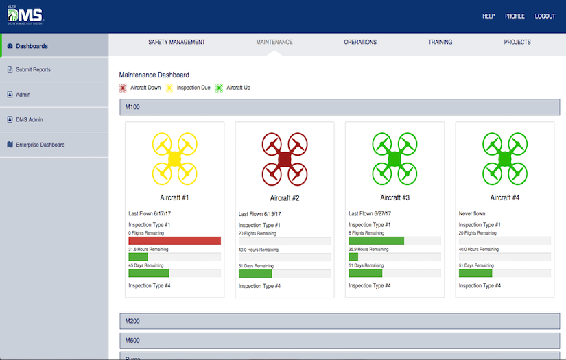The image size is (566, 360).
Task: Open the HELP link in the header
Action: pyautogui.click(x=488, y=16)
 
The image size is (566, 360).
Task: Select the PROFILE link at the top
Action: pyautogui.click(x=515, y=16)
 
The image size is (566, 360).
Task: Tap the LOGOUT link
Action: pyautogui.click(x=545, y=16)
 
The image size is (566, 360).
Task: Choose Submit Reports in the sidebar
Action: pyautogui.click(x=33, y=70)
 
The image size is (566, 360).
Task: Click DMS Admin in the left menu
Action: pyautogui.click(x=30, y=120)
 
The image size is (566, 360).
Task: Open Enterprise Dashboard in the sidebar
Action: pyautogui.click(x=40, y=145)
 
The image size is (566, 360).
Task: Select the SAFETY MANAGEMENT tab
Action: pyautogui.click(x=176, y=43)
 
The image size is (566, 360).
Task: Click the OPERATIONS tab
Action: pyautogui.click(x=360, y=43)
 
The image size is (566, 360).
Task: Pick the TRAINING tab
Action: pyautogui.click(x=440, y=43)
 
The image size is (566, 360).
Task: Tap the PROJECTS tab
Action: pyautogui.click(x=517, y=43)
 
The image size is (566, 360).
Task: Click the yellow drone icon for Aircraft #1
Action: pyautogui.click(x=174, y=158)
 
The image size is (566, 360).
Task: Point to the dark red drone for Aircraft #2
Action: pyautogui.click(x=285, y=158)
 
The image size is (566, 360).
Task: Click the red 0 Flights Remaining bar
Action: pyautogui.click(x=174, y=241)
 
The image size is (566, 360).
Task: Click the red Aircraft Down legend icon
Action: pyautogui.click(x=123, y=88)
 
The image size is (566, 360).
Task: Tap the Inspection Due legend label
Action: pyautogui.click(x=193, y=88)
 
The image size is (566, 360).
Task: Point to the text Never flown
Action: pyautogui.click(x=472, y=213)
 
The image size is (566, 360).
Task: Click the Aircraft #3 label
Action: pyautogui.click(x=394, y=197)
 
